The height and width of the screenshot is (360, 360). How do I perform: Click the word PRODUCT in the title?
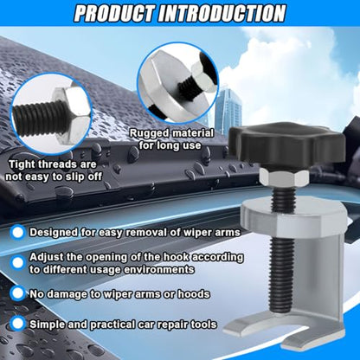point(113,13)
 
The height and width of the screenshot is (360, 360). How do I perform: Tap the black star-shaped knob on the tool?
point(287,144)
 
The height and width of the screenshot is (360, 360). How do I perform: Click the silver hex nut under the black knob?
point(284,177)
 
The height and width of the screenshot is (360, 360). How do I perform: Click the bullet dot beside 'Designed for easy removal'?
point(17,233)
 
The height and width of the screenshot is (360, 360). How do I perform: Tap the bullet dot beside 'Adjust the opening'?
point(17,263)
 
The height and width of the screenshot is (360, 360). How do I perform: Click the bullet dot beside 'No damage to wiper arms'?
point(17,293)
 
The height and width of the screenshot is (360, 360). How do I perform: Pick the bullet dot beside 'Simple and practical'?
point(17,324)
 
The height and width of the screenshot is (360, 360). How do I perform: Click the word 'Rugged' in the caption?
point(149,134)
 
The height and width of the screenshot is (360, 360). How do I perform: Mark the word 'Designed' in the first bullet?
point(54,233)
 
